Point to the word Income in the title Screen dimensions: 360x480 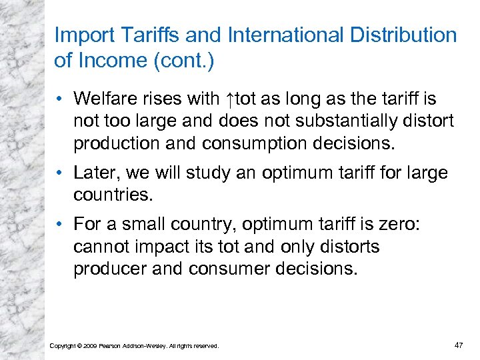click(110, 61)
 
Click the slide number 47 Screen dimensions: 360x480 click(458, 345)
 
